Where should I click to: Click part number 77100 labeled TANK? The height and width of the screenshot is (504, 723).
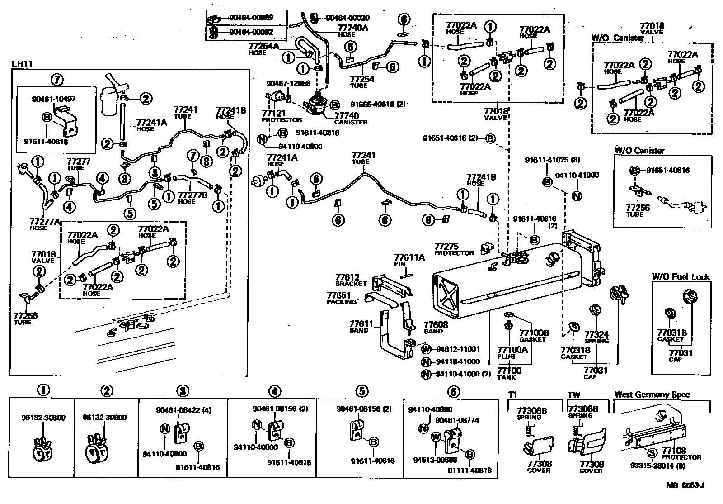tap(509, 371)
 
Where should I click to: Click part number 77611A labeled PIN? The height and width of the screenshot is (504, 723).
tap(409, 257)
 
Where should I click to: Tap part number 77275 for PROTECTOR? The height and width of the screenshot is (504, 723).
tap(447, 247)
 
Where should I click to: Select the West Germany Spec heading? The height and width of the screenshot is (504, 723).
tap(652, 395)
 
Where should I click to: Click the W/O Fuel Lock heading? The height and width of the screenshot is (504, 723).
tap(681, 277)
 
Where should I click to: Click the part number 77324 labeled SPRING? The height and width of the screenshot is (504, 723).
tap(596, 334)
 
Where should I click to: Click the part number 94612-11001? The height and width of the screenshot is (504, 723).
tap(458, 349)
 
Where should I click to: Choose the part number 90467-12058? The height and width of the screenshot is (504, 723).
tap(288, 83)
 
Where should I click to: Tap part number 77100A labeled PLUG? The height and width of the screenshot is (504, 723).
tap(512, 350)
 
